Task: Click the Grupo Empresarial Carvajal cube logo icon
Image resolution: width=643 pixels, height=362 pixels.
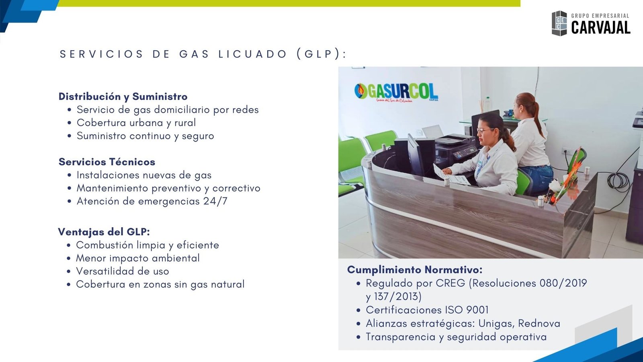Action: click(x=559, y=23)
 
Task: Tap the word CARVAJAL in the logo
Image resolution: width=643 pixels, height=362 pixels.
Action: click(x=600, y=28)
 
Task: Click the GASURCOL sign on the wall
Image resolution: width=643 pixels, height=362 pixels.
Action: click(x=396, y=93)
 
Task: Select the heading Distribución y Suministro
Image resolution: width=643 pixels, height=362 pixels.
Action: click(x=123, y=97)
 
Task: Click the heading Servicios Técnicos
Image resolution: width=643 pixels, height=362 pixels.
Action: click(x=107, y=162)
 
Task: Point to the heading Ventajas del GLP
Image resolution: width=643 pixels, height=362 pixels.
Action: click(x=104, y=232)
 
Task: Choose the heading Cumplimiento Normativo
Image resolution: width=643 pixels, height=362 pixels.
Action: click(x=415, y=270)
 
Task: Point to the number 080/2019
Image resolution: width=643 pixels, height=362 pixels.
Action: click(x=563, y=283)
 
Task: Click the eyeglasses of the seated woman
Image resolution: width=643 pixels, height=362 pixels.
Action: click(x=485, y=130)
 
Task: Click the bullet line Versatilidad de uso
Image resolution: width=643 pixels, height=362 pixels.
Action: click(x=122, y=271)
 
